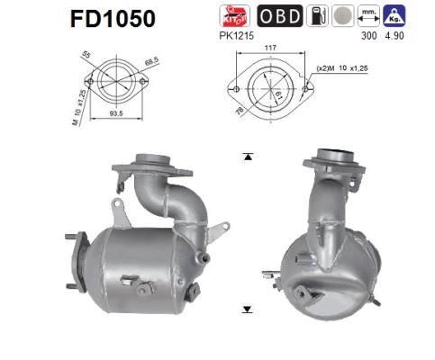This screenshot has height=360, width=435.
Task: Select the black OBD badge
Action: tap(280, 15)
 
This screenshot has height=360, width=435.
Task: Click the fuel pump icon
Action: tap(314, 15)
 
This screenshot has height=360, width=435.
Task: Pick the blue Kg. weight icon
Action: tap(393, 15)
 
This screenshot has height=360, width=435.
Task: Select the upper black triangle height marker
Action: tap(247, 157)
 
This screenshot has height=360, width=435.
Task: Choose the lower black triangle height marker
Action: tap(247, 309)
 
